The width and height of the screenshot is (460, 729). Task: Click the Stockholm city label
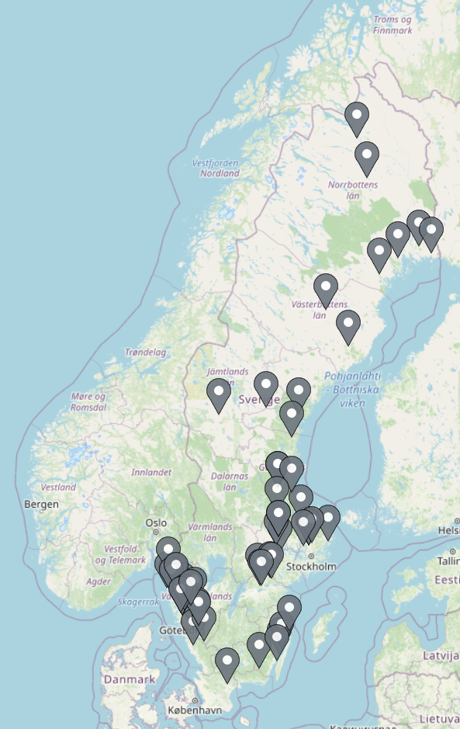(311, 566)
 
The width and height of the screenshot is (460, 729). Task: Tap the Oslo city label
(156, 522)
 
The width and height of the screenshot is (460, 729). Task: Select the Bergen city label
(41, 504)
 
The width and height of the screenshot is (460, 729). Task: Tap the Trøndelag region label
(146, 352)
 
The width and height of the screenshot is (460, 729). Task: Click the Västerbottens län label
(319, 310)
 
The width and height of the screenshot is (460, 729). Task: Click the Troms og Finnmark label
(393, 25)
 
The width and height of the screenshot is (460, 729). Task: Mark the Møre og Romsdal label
(88, 401)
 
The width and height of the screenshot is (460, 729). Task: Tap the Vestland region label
(59, 488)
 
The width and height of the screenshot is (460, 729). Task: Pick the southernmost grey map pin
(227, 662)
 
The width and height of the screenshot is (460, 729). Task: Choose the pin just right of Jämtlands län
(266, 386)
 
